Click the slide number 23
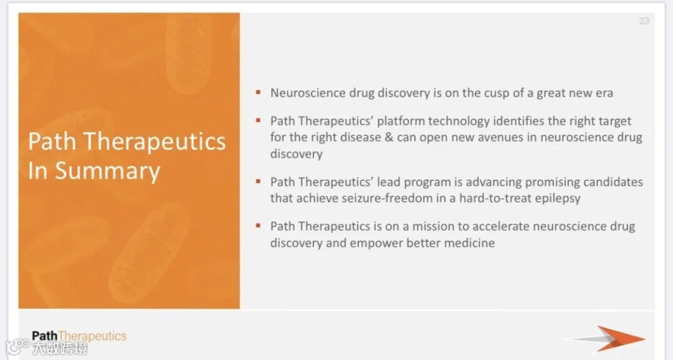pos(644,21)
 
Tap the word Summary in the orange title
pos(107,171)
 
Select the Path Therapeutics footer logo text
pos(79,336)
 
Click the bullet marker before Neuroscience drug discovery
pos(258,92)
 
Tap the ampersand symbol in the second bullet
pos(389,137)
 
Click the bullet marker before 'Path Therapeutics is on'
pos(258,225)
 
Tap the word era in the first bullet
pos(604,93)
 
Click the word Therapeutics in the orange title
pos(154,141)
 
